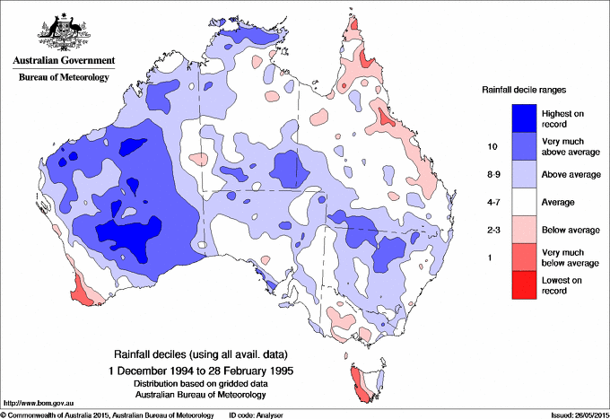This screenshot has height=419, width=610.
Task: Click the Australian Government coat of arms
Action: pos(63,31)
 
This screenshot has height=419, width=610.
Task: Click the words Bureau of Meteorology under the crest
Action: pos(64,77)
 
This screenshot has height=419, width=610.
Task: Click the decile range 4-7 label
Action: pos(492,203)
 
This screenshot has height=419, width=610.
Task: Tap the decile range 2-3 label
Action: pos(492,231)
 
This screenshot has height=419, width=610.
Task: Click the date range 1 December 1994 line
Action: pos(199,369)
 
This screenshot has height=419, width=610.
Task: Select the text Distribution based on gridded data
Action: pos(199,381)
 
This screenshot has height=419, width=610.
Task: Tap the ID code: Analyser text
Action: pos(258,415)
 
